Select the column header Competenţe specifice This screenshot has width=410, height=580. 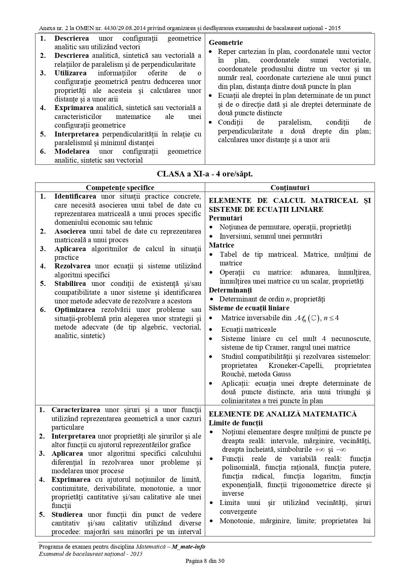pos(120,188)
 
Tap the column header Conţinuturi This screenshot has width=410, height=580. pos(290,188)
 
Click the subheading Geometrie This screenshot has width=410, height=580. pos(226,43)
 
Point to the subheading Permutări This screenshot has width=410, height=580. pos(225,218)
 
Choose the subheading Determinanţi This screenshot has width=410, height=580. pos(230,290)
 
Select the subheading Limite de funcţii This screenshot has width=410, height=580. pos(236,423)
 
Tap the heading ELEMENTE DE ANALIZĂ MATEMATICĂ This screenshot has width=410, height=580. pos(283,414)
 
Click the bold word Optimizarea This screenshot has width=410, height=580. pos(75,310)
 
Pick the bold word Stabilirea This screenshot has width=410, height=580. pos(70,284)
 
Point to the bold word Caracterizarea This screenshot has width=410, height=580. pos(76,410)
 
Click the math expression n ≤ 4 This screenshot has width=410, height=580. pos(331,318)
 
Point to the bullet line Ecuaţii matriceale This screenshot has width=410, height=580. pos(249,329)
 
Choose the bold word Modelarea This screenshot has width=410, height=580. pos(72,151)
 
